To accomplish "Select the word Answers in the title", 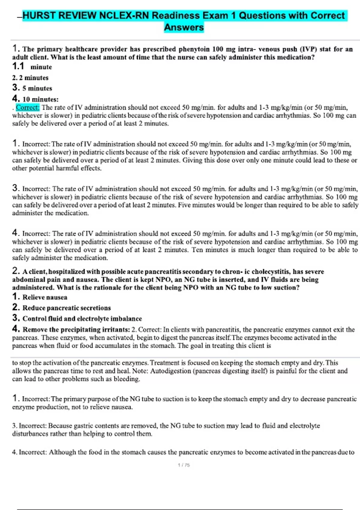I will click(x=184, y=27).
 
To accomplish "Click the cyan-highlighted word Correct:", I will click(x=28, y=107).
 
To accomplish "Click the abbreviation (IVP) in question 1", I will click(x=306, y=49).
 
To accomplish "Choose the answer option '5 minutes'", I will click(x=37, y=88).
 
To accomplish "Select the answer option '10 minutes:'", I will click(x=40, y=99).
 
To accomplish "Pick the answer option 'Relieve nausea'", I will click(x=45, y=297).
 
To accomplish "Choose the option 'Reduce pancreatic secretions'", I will click(x=67, y=308).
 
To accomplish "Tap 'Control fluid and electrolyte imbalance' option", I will click(x=82, y=319).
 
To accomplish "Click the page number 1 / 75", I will click(x=184, y=465).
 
